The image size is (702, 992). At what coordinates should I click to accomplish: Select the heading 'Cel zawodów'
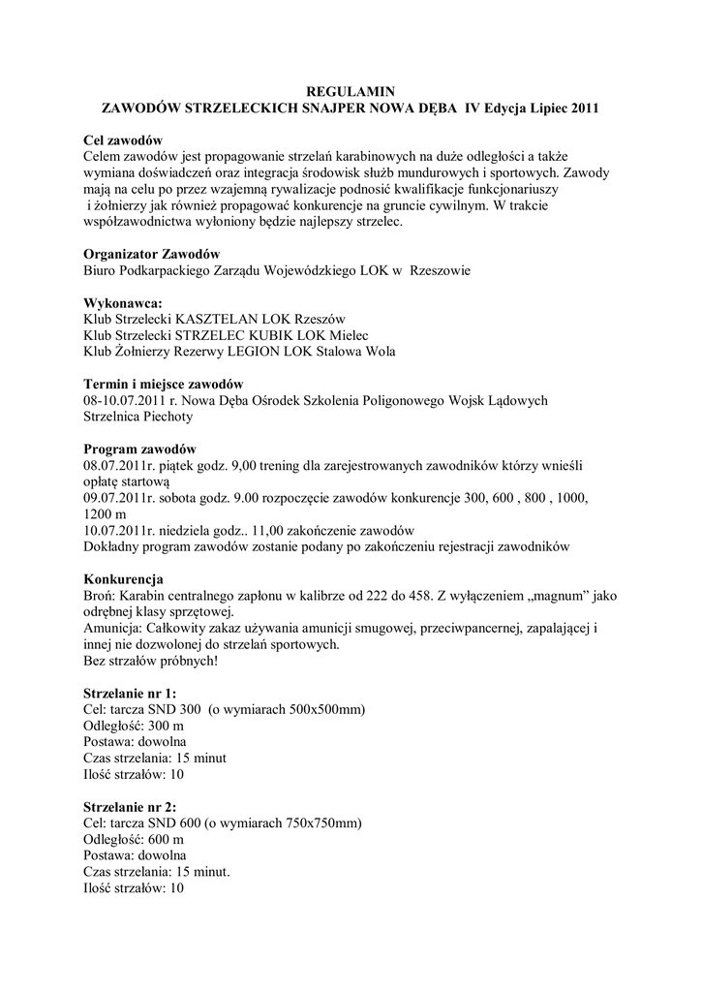coord(123,139)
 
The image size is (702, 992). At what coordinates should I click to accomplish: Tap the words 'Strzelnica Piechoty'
coord(139,417)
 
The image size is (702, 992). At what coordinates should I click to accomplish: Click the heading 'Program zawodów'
coord(140,449)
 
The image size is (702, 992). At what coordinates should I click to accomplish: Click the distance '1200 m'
coord(106,514)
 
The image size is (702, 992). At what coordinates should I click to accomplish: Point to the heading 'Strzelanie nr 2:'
coord(131,807)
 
